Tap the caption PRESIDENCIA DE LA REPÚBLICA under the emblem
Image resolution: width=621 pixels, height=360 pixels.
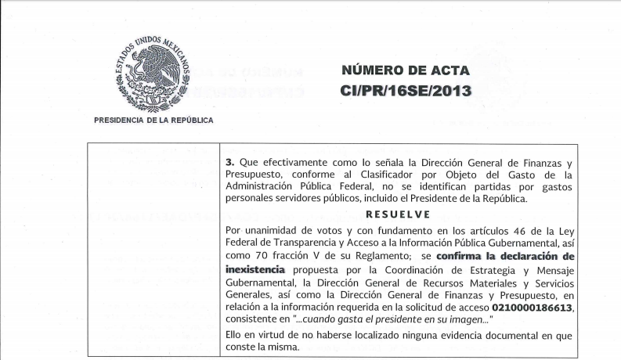[x=153, y=121]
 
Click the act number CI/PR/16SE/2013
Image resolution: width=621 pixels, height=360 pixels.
[x=406, y=91]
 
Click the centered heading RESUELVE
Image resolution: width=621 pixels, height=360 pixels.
[x=399, y=213]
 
